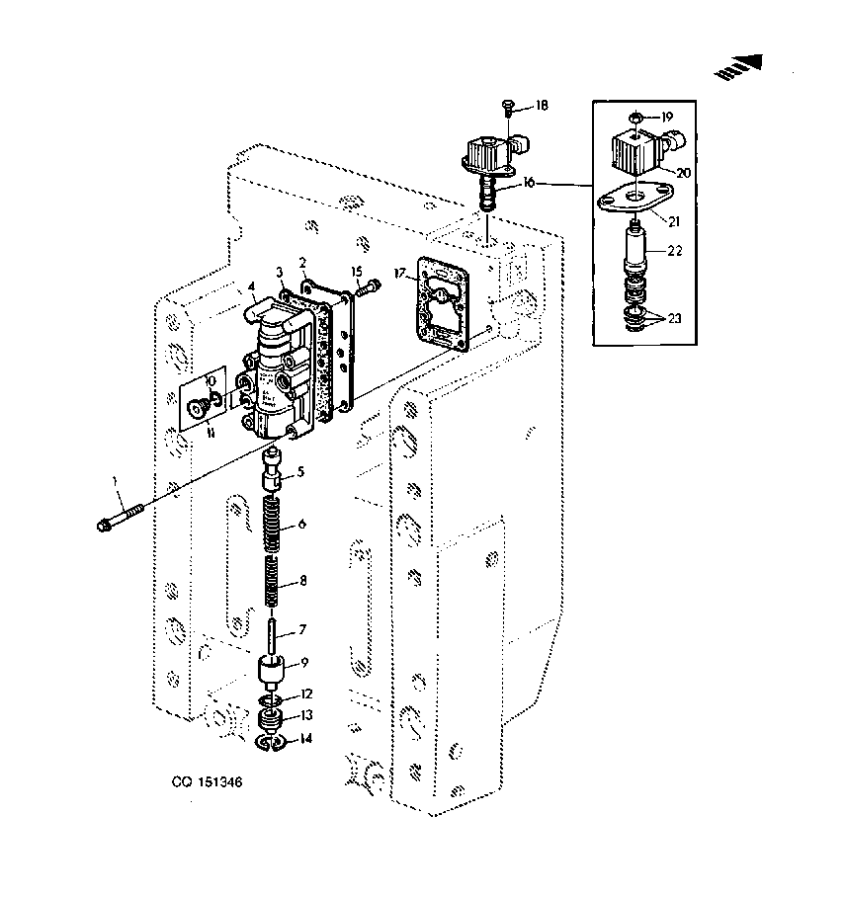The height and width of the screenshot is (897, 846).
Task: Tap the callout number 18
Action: point(542,106)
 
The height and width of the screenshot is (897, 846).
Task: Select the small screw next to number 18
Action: point(507,107)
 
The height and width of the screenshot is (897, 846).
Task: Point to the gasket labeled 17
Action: point(443,303)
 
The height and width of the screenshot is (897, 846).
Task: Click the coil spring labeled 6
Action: point(274,524)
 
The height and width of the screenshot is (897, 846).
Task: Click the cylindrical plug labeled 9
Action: point(272,671)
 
